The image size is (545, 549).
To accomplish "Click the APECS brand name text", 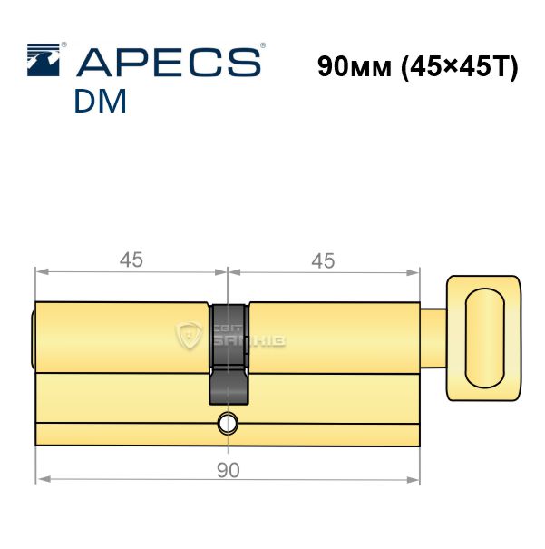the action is click(169, 62).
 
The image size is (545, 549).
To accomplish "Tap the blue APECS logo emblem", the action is click(44, 60).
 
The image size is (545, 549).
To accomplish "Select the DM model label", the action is click(100, 101).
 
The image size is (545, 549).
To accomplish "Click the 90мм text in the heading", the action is click(355, 66).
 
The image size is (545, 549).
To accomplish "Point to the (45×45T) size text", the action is click(459, 67).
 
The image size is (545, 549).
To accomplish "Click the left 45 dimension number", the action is click(131, 260).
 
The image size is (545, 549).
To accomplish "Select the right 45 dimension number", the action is click(323, 260).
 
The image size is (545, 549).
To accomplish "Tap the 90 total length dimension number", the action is click(229, 470).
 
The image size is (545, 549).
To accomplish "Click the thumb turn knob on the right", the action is click(483, 338).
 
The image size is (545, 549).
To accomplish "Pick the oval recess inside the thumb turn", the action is click(485, 338).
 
